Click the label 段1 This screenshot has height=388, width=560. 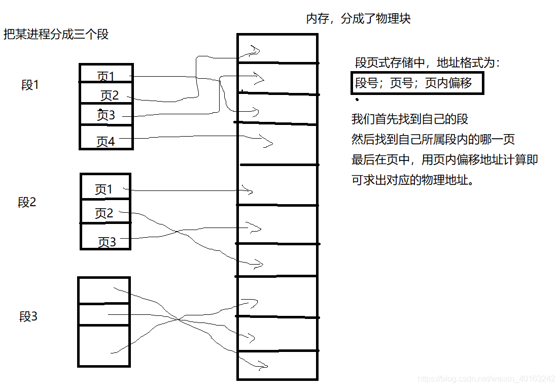click(x=30, y=85)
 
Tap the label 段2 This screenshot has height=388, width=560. click(x=27, y=202)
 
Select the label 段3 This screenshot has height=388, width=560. click(x=28, y=317)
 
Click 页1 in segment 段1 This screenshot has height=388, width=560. click(x=106, y=77)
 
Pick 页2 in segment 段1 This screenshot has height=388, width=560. click(x=109, y=95)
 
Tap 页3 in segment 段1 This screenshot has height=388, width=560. click(x=106, y=115)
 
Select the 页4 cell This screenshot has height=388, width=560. click(x=106, y=142)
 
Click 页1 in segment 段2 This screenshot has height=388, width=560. click(x=104, y=190)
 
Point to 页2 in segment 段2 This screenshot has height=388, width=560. click(x=104, y=213)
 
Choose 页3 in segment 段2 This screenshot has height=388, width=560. click(x=107, y=242)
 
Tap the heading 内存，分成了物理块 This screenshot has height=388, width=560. click(x=358, y=19)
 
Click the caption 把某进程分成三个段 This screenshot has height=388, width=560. click(x=56, y=35)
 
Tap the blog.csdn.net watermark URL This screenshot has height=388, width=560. click(x=486, y=379)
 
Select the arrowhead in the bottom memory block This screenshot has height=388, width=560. click(x=262, y=365)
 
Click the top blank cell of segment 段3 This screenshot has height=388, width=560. click(x=104, y=290)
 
